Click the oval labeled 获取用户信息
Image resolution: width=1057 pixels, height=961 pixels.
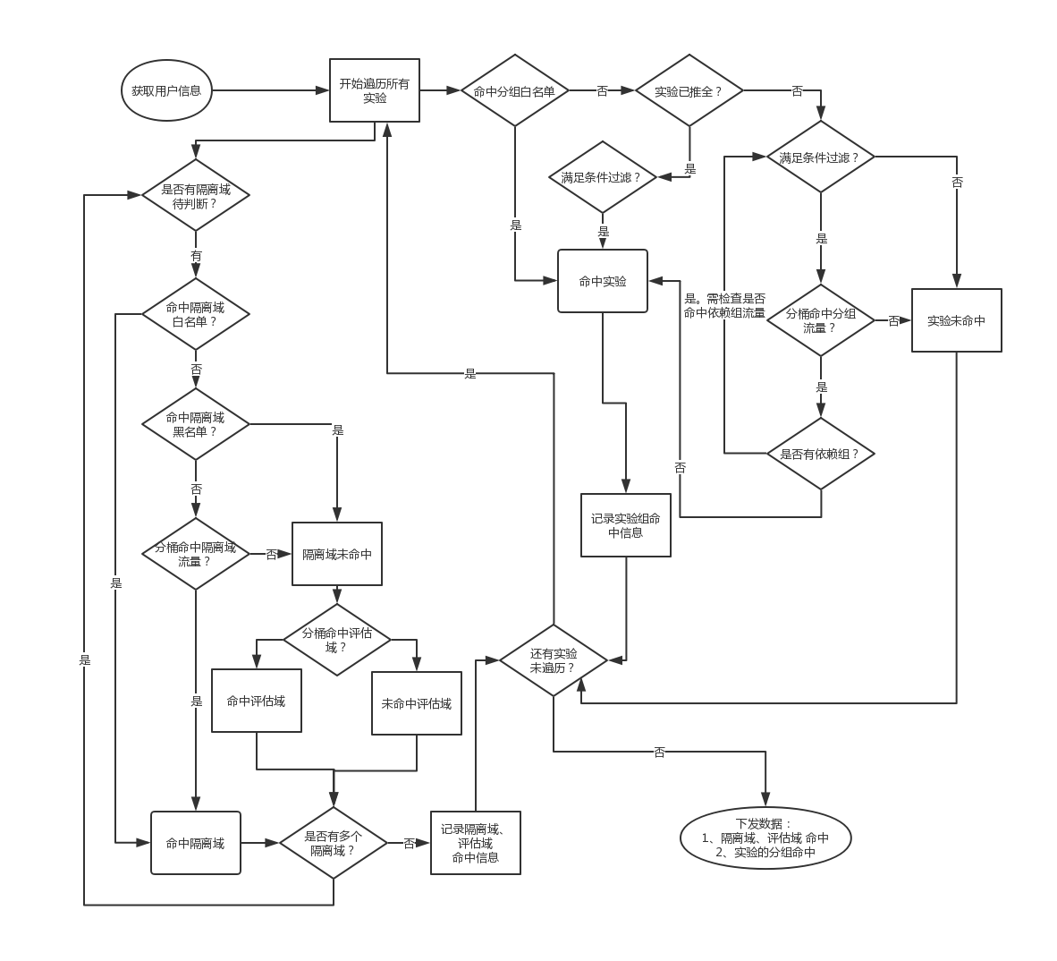(x=166, y=90)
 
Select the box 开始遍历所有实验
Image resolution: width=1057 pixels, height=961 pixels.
(x=375, y=90)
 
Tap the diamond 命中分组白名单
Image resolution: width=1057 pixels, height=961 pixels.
(x=514, y=90)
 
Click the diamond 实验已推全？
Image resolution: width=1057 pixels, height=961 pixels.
(x=689, y=90)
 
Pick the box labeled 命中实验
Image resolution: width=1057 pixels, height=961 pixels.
(x=603, y=281)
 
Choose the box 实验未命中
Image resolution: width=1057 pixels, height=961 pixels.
(x=956, y=320)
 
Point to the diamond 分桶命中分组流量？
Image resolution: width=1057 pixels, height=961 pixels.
(x=821, y=320)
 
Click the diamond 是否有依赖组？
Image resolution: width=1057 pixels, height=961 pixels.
(x=821, y=454)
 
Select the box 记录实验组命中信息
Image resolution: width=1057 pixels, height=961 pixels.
(x=626, y=525)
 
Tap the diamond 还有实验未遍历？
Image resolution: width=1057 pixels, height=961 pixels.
(x=554, y=661)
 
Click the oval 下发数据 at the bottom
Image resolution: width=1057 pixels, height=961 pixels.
(x=765, y=838)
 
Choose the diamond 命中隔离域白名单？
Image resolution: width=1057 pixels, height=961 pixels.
(x=196, y=313)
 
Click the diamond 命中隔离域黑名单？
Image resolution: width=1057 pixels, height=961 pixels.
(x=196, y=424)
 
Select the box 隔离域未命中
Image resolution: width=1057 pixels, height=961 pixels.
(x=337, y=554)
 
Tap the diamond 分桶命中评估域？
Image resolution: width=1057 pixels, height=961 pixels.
(x=337, y=640)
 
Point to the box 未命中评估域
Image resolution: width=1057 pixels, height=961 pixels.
(x=417, y=703)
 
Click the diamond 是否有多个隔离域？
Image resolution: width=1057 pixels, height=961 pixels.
(x=334, y=843)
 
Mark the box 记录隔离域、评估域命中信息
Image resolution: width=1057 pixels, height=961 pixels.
(x=476, y=843)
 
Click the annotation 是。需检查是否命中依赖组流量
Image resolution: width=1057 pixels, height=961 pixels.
(x=724, y=306)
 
